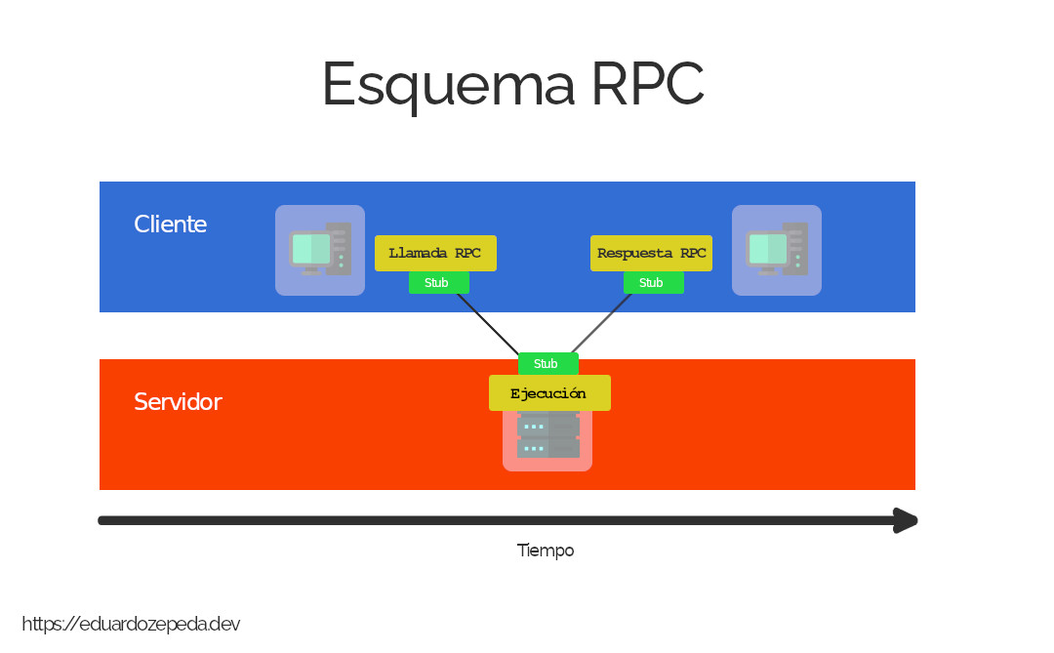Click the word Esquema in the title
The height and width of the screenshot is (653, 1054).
pos(448,86)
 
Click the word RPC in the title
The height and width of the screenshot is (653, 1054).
pos(646,85)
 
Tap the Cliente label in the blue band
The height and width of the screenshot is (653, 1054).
pos(171,224)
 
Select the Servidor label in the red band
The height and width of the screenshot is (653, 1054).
pos(178,402)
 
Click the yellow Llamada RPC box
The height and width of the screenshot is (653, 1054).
pos(435,254)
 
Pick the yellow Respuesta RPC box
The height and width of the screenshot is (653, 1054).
pos(651,254)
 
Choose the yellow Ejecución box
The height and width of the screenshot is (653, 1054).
pos(549,393)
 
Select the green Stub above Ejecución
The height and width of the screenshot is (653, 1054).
pos(547,364)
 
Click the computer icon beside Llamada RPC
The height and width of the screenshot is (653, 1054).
pos(320,250)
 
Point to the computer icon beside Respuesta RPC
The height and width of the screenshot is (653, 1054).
pos(777,250)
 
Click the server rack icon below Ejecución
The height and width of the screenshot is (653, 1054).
pos(547,439)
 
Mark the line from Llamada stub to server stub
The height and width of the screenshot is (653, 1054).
pos(488,324)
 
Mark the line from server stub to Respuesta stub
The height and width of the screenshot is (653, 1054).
pos(602,323)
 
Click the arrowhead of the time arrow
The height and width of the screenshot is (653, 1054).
pos(907,520)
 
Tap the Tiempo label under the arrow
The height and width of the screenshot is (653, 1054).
pos(546,551)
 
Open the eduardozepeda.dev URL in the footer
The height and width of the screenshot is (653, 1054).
pos(131,625)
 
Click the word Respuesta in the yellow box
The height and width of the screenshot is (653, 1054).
pos(634,254)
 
